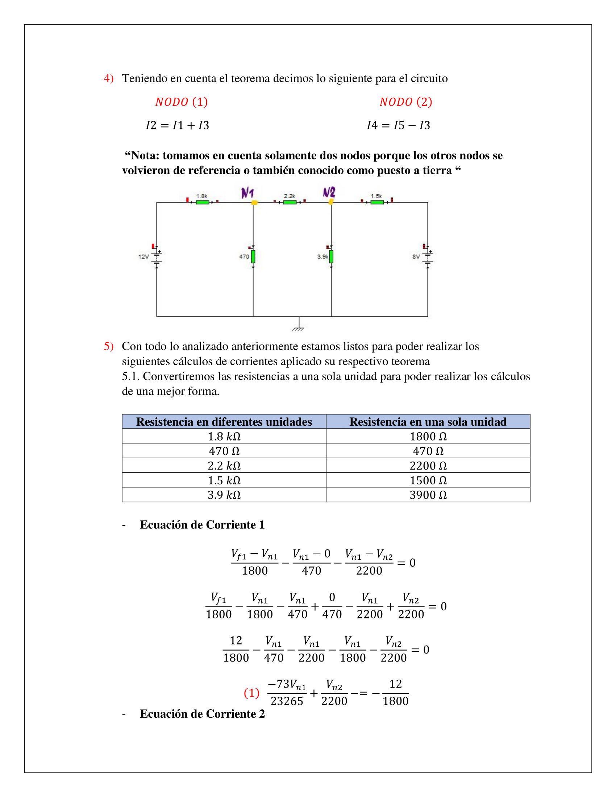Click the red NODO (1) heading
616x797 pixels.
pyautogui.click(x=182, y=102)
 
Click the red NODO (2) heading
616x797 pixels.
pyautogui.click(x=405, y=102)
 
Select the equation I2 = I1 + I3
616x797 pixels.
pyautogui.click(x=177, y=125)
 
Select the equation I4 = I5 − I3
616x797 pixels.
pyautogui.click(x=398, y=125)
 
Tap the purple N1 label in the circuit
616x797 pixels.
pyautogui.click(x=247, y=192)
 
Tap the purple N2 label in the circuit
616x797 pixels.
pyautogui.click(x=329, y=192)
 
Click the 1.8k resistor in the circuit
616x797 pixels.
pyautogui.click(x=202, y=202)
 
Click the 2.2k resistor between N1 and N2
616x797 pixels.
pyautogui.click(x=290, y=202)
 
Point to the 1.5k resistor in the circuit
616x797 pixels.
pyautogui.click(x=376, y=202)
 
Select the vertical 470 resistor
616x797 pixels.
pyautogui.click(x=253, y=256)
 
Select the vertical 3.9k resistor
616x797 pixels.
pyautogui.click(x=331, y=256)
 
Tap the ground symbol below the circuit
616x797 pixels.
pyautogui.click(x=299, y=329)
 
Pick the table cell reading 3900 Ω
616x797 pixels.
pyautogui.click(x=428, y=495)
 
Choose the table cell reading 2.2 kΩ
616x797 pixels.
pyautogui.click(x=224, y=466)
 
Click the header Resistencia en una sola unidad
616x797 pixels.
pyautogui.click(x=428, y=422)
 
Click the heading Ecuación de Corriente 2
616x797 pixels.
pyautogui.click(x=202, y=714)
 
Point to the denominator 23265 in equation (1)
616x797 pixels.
pyautogui.click(x=287, y=701)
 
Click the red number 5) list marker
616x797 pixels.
pyautogui.click(x=108, y=346)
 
